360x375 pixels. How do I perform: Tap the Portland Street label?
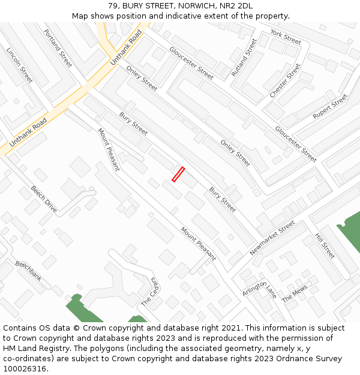point(58,48)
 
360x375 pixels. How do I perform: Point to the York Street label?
point(286,37)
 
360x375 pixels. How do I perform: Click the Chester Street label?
point(285,81)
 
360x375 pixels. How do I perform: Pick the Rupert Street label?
point(331,106)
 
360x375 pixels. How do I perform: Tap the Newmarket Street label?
point(272,238)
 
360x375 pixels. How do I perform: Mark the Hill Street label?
point(325,246)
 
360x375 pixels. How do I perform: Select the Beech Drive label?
point(44,199)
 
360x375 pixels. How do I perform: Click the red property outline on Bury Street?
point(178,174)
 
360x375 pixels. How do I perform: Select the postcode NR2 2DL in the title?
point(238,6)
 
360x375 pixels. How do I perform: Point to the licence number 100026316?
point(25,369)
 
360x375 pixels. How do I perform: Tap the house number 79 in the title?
point(113,6)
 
